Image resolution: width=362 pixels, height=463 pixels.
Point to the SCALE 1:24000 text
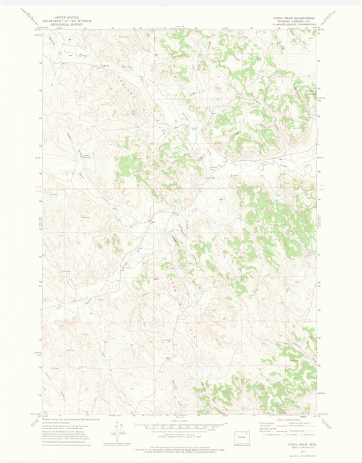tap(181, 420)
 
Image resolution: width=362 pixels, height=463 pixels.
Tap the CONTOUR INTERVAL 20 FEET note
tap(181, 435)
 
